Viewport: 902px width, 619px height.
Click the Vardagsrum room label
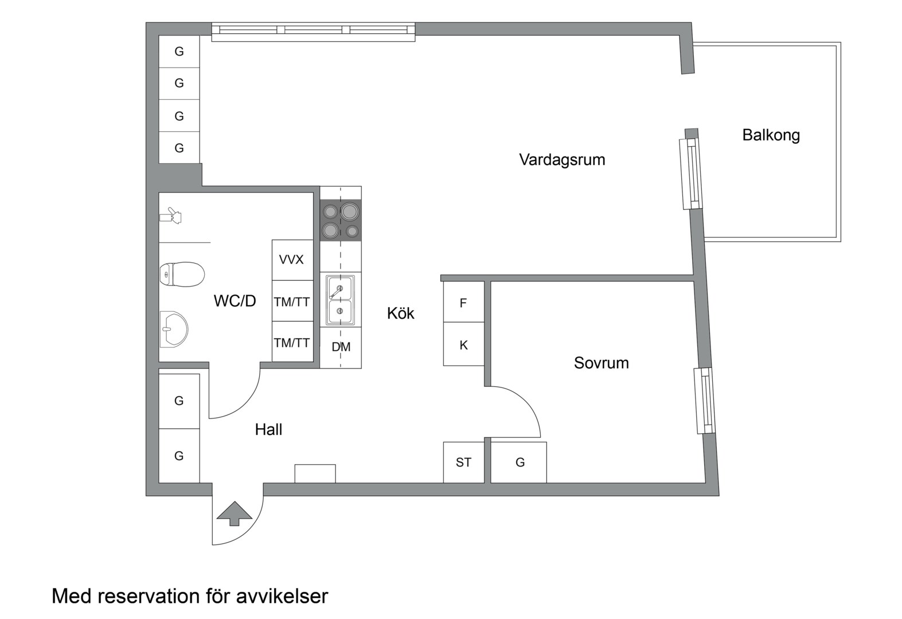point(561,159)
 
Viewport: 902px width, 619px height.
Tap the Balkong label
point(771,135)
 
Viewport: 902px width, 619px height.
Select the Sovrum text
point(601,363)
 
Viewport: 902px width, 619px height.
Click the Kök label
point(400,313)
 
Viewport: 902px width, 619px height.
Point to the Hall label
point(268,429)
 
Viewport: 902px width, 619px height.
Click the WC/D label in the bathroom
point(235,301)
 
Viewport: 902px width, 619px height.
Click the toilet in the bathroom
point(181,274)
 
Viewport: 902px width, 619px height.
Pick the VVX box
point(291,260)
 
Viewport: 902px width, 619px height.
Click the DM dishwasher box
point(341,347)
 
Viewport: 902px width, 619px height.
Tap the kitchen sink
point(339,300)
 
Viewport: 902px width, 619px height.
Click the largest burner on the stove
point(349,212)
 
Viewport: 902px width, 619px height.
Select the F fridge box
point(463,303)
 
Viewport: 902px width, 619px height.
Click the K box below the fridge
point(463,345)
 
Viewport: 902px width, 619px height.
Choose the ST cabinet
point(463,462)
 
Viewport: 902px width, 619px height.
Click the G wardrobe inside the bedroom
point(520,462)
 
